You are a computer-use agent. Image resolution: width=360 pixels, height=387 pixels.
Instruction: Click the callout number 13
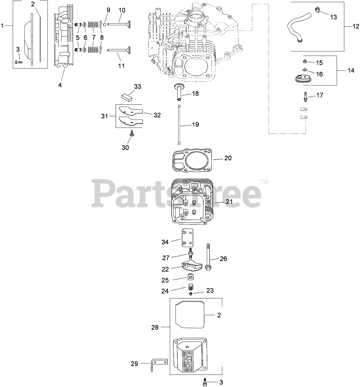(x=333, y=17)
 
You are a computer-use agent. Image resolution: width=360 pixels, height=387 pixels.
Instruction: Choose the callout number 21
(x=229, y=201)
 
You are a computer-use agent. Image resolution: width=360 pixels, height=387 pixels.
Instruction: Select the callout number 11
(x=121, y=66)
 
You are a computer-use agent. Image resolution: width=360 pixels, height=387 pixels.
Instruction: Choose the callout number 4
(x=60, y=85)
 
